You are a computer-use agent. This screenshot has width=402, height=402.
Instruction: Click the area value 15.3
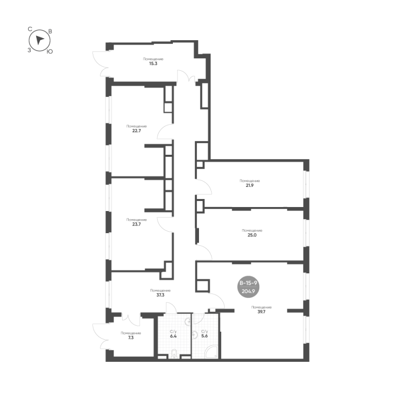click(x=153, y=63)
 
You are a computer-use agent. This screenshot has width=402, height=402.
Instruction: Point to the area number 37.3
click(x=160, y=295)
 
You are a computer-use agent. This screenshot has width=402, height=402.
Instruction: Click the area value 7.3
click(x=130, y=338)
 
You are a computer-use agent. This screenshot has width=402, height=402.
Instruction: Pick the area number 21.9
click(x=250, y=185)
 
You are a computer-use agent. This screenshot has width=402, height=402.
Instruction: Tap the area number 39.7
click(x=261, y=312)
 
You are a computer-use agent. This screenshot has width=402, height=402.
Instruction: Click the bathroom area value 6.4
click(x=173, y=336)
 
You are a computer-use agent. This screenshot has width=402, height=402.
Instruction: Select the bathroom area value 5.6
click(x=205, y=336)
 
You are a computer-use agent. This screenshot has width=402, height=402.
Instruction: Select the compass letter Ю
click(x=49, y=51)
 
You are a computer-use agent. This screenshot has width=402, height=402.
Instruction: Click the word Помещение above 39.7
click(x=261, y=307)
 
